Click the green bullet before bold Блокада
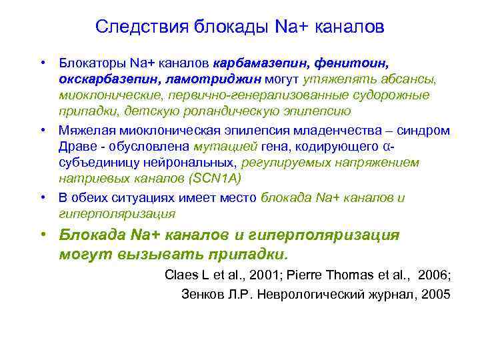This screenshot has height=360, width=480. pos(42,235)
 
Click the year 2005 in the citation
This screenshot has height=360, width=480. pos(436,295)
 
